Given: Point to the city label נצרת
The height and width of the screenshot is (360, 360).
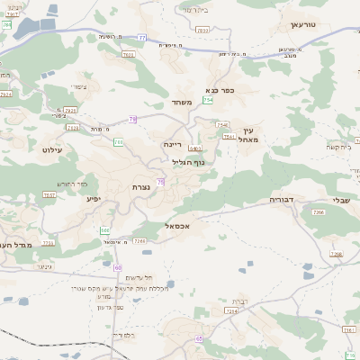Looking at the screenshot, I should (141, 186).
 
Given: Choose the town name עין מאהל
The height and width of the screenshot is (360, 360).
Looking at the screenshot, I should (250, 135).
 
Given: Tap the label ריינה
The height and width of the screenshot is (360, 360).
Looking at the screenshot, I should (174, 143).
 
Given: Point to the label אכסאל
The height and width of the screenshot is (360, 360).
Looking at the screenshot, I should (157, 226).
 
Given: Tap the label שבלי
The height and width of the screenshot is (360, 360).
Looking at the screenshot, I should (342, 201).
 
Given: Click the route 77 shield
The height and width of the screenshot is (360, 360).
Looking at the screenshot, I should (142, 38).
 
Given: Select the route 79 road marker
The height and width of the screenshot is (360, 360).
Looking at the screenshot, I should (133, 120).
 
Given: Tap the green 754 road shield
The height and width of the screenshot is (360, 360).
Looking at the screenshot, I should (208, 100).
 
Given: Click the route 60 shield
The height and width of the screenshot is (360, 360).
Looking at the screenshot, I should (118, 267).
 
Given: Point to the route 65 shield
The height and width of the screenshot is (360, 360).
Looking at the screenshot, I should (198, 338).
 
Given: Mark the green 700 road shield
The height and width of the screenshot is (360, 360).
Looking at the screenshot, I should (118, 142).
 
